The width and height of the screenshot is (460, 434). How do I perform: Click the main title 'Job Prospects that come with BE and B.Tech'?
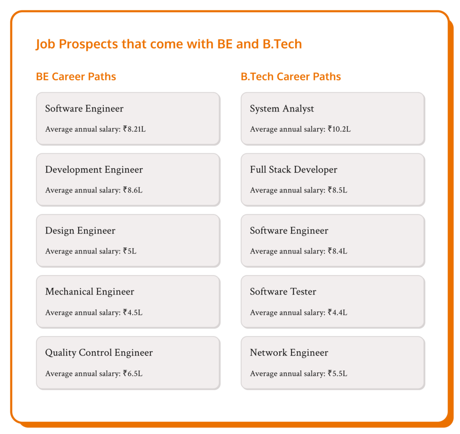point(169,45)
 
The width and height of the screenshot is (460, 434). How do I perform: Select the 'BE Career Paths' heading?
point(76,77)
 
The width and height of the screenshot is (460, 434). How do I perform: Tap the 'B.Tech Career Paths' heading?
point(291,77)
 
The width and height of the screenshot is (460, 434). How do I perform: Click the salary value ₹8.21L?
point(134,130)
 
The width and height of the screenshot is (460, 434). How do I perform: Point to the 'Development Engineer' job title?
point(94,170)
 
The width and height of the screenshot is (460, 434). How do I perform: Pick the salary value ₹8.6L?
point(133,190)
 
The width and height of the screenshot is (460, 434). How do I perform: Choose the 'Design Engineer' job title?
point(80,231)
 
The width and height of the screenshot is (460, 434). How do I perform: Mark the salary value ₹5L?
point(129,251)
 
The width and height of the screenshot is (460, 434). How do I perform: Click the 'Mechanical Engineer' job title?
point(89,292)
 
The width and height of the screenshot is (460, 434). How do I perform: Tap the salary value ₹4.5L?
point(133,313)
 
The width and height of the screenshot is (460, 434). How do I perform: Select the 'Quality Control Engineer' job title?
point(99,353)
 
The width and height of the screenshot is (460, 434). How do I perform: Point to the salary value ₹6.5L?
point(133,373)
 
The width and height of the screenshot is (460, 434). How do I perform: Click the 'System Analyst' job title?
point(282,109)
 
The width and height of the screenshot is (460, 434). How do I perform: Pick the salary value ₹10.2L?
point(339,130)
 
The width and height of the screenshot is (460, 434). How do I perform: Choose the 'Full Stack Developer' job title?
point(293,170)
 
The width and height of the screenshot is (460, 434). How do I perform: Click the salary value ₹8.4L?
point(337,251)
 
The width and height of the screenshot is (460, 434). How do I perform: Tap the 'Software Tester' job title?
point(283,292)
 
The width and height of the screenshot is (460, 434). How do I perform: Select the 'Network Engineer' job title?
point(289,353)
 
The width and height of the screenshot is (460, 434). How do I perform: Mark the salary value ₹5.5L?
point(337,373)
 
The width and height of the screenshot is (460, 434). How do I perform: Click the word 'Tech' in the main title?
point(288,45)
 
